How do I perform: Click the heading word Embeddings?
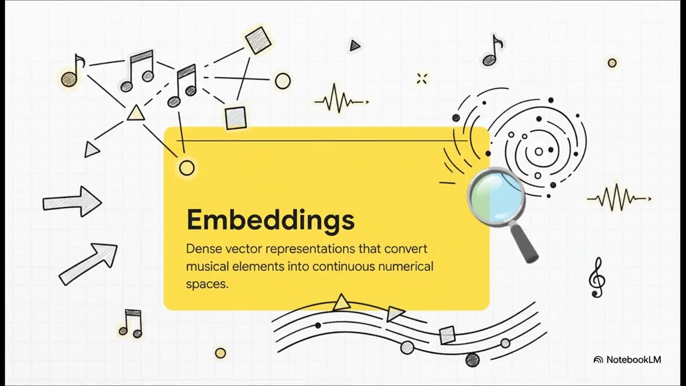tap(271, 220)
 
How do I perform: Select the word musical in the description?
tap(207, 266)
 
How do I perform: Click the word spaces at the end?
tap(207, 284)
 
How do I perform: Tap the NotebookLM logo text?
tap(633, 360)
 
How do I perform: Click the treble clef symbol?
tap(597, 277)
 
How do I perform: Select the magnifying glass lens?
tap(496, 197)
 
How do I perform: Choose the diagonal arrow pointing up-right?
tap(88, 264)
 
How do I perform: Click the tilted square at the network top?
tap(258, 40)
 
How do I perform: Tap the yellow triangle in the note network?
tap(136, 113)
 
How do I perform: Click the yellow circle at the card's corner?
tap(187, 168)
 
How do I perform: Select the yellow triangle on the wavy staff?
tap(341, 303)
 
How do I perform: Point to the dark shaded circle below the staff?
tap(473, 360)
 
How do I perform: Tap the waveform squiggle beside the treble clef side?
tap(619, 198)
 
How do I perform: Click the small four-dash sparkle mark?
tap(422, 79)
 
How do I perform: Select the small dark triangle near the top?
tap(355, 46)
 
